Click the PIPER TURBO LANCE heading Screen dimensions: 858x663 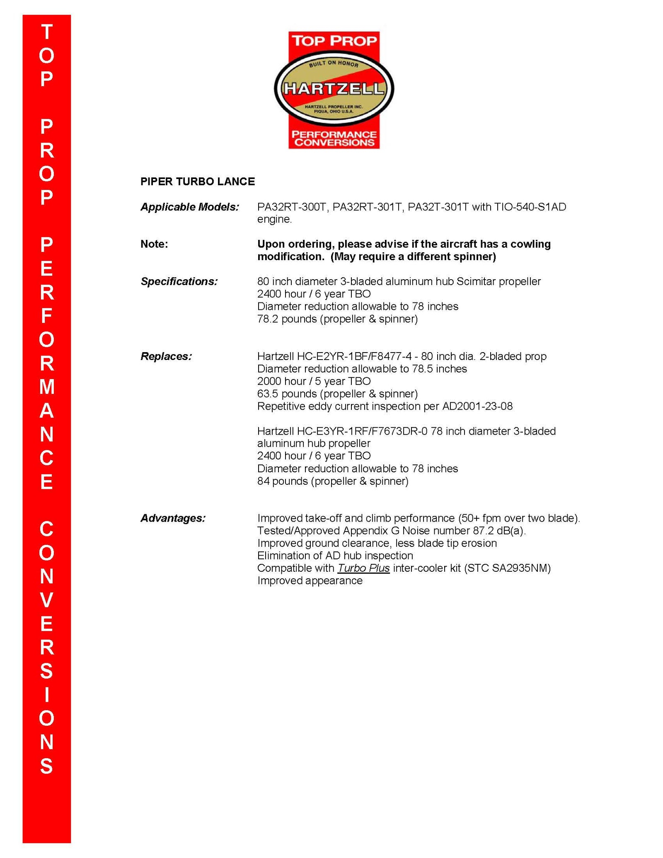point(197,181)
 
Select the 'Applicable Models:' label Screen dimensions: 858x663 point(190,207)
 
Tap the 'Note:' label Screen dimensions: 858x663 point(154,244)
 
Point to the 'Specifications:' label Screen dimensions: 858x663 point(179,281)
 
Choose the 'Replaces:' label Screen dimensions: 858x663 point(166,356)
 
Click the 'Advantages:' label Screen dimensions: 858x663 point(173,518)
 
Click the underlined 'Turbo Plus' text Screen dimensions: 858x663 point(363,568)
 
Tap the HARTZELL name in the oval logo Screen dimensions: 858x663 point(334,89)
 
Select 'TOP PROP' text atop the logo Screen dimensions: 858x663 point(334,41)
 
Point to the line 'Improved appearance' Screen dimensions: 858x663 point(310,580)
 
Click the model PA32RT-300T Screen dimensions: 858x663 point(293,207)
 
